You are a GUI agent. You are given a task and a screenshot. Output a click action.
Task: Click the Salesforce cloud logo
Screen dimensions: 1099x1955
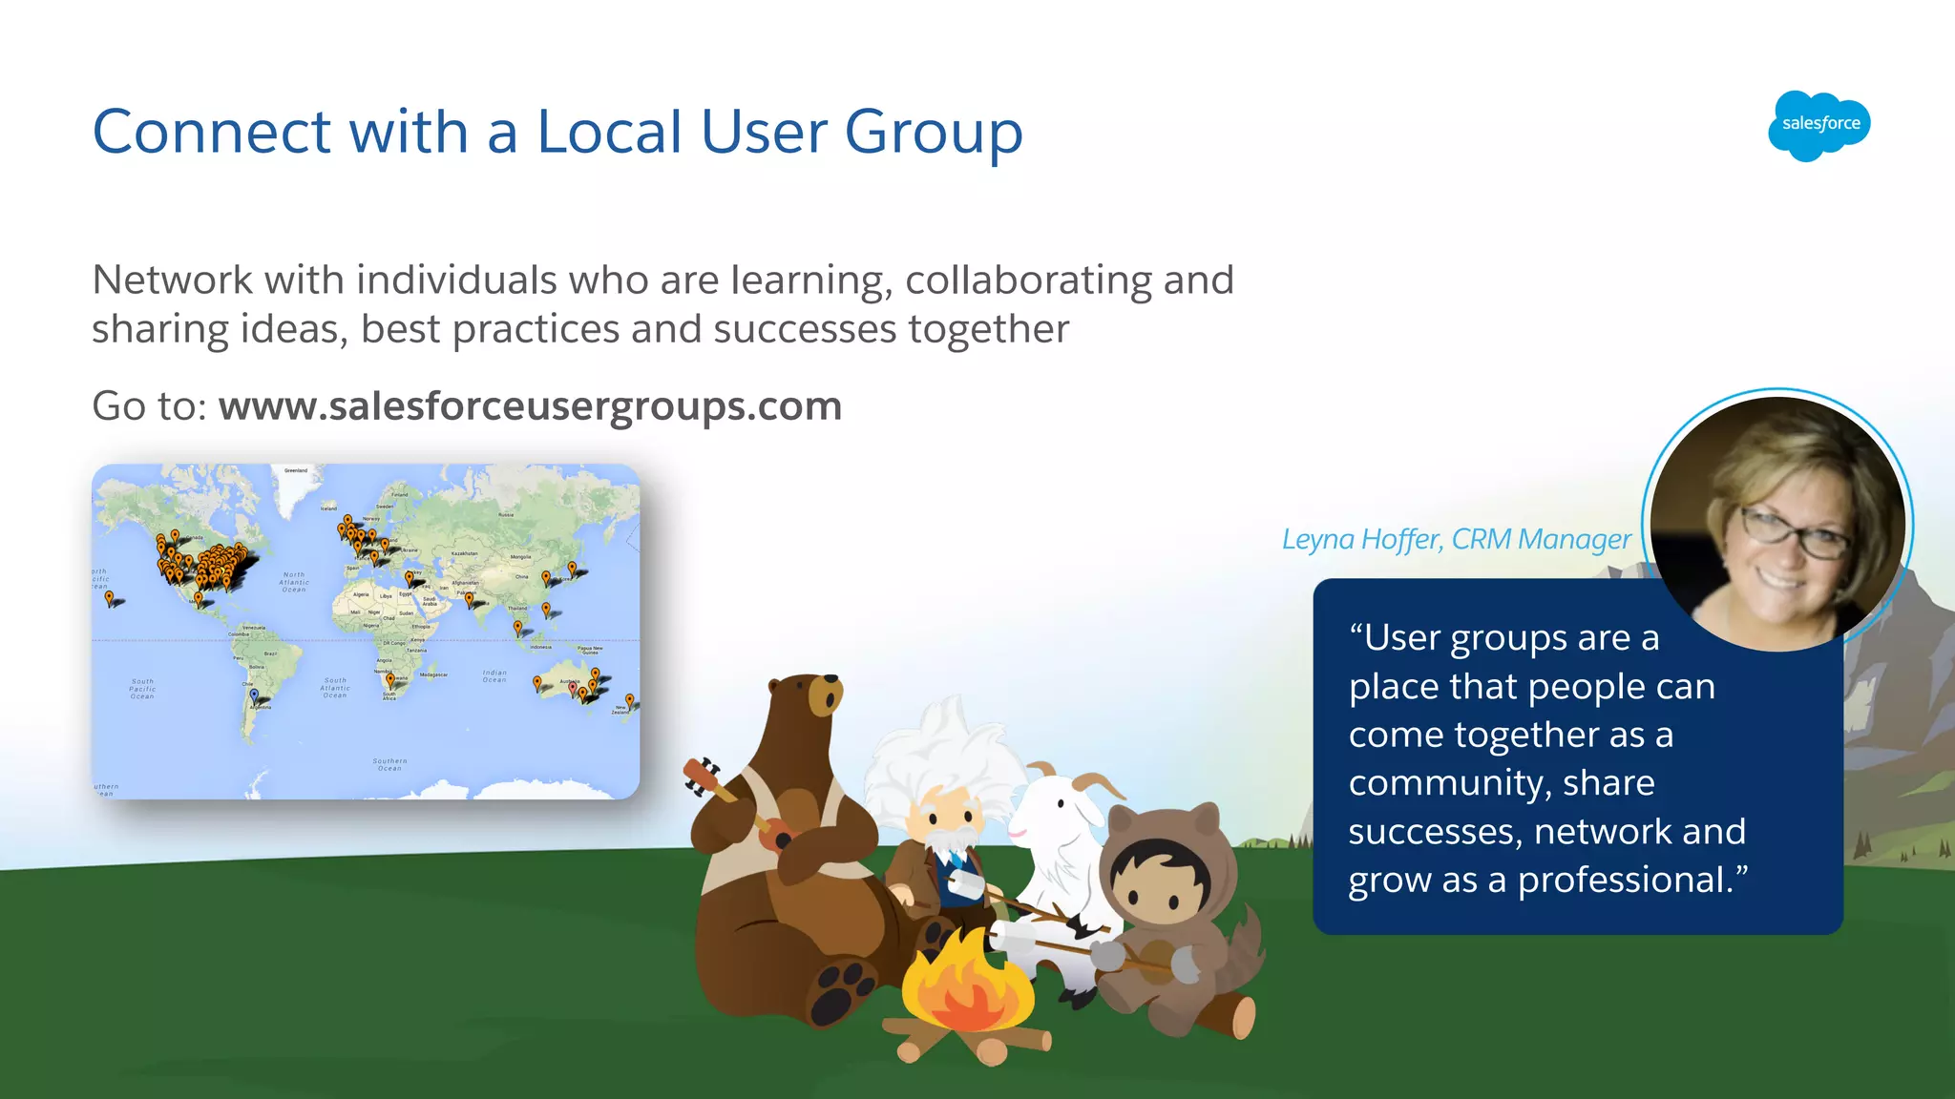[1819, 125]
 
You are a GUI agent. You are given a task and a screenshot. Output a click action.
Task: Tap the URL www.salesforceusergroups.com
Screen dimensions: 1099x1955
[530, 406]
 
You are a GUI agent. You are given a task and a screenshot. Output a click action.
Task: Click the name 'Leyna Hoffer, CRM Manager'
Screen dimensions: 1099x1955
[1456, 539]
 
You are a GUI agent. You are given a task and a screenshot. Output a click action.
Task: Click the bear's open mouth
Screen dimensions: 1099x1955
[827, 699]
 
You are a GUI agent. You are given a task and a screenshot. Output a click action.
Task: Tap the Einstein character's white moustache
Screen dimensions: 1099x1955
[945, 841]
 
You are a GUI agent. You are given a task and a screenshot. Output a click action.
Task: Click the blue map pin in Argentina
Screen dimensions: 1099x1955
[254, 695]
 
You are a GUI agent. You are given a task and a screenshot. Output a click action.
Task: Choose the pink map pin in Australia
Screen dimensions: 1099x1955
[572, 687]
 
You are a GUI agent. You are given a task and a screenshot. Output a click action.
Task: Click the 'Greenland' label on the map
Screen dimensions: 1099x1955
[296, 470]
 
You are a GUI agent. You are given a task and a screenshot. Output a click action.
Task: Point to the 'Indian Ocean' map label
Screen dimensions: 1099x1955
[494, 675]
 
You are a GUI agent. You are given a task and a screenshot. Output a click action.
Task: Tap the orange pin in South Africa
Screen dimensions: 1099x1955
[389, 679]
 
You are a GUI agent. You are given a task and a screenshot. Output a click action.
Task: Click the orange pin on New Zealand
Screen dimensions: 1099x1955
[629, 700]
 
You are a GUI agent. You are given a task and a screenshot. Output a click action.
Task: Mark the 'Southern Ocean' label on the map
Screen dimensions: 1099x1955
[389, 764]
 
